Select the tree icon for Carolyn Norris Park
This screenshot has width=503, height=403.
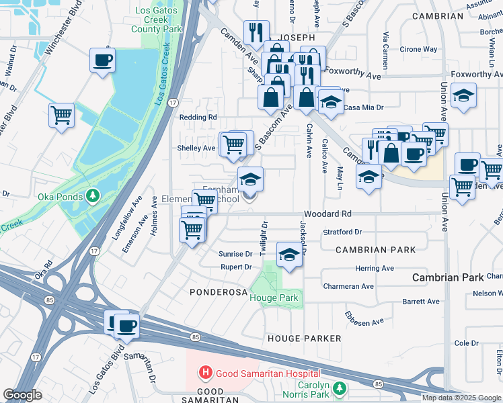(x=340, y=388)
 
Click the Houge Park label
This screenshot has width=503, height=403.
(x=274, y=297)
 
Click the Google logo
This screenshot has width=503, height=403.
(x=22, y=395)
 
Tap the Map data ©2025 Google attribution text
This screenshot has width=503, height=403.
(x=461, y=397)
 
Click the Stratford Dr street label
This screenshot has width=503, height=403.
(x=342, y=232)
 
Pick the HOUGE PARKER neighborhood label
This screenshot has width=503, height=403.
(x=304, y=339)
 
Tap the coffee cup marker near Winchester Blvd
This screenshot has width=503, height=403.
(x=102, y=60)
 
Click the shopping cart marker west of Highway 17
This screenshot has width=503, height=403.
(x=61, y=115)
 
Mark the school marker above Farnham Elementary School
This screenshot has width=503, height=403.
(x=250, y=179)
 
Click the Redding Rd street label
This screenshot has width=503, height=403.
(x=198, y=117)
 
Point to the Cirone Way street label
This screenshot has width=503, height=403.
(x=419, y=49)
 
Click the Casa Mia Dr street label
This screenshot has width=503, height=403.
(x=363, y=107)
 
